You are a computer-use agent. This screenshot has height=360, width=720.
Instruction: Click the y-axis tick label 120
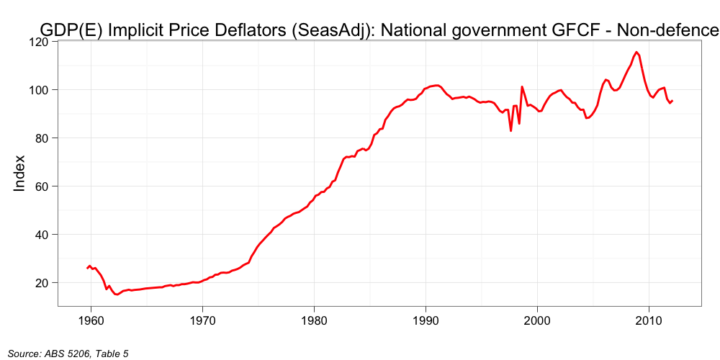pos(38,42)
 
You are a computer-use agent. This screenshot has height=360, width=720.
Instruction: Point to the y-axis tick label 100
pos(38,90)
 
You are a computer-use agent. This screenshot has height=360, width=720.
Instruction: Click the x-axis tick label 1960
pos(91,320)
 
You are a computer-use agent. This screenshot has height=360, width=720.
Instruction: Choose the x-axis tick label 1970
pos(202,320)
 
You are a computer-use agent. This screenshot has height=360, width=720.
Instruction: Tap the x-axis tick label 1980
pos(314,320)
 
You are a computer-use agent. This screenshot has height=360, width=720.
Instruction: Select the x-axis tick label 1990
pos(426,320)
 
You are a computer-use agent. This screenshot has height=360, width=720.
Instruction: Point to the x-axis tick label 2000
pos(537,320)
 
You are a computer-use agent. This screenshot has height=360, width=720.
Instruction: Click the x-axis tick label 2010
pos(649,320)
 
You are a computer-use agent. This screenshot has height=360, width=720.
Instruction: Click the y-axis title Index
pos(19,173)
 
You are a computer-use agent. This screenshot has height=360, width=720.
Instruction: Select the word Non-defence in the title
pos(669,30)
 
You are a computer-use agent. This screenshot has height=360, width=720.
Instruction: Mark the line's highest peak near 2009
pos(636,52)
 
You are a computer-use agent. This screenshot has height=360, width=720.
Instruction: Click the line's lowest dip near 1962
pos(117,294)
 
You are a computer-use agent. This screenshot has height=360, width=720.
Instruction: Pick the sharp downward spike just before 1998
pos(511,130)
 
